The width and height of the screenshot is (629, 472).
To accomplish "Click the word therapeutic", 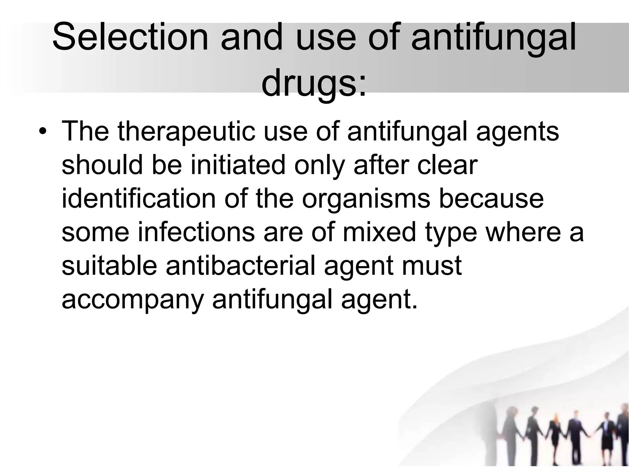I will (x=186, y=132).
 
